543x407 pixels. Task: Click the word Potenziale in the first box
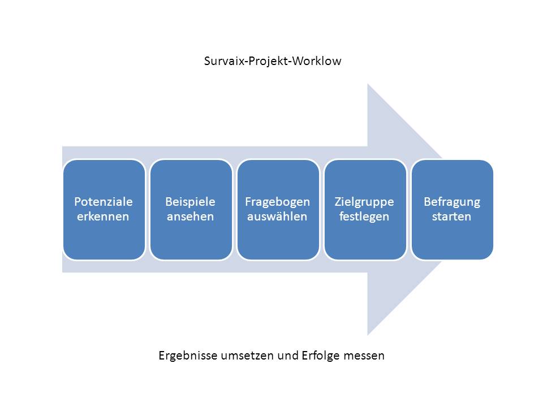(x=104, y=202)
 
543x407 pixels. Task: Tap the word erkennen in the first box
(x=104, y=217)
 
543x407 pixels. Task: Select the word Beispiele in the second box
(x=191, y=202)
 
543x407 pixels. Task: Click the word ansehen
(x=191, y=217)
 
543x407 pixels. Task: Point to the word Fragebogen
(x=277, y=202)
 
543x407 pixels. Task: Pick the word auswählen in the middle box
(x=277, y=217)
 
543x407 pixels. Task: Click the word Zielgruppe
(x=364, y=202)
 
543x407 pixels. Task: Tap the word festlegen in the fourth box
(x=364, y=217)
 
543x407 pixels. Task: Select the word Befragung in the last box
(x=451, y=202)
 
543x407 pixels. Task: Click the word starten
(x=451, y=217)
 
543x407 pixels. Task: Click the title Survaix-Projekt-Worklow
(x=273, y=61)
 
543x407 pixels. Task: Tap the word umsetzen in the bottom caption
(x=247, y=356)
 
